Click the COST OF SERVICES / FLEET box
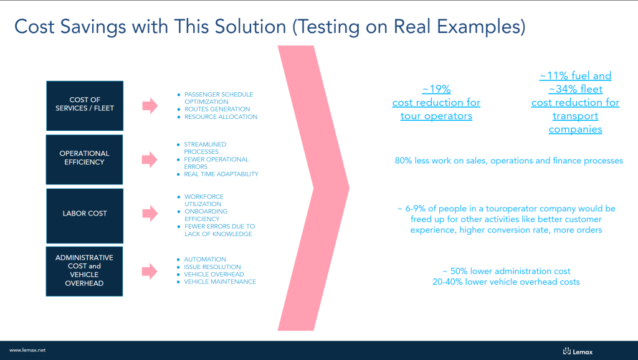coord(85,106)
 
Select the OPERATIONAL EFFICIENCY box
coord(84,159)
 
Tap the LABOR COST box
coord(85,216)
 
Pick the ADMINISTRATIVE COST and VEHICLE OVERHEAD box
coord(84,272)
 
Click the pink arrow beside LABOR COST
coord(150,213)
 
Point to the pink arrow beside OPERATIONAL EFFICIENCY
coord(150,159)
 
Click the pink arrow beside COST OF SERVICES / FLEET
coord(150,106)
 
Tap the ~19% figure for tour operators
coord(436,89)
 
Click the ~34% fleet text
coord(575,89)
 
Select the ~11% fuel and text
coord(575,75)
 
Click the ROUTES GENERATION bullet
coord(217,109)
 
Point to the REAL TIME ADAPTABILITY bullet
coord(221,174)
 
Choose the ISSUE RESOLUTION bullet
coord(212,267)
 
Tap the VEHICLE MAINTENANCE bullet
coord(220,282)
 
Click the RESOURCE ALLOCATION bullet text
coord(221,116)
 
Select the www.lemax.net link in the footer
coord(27,350)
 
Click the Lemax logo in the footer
coord(578,351)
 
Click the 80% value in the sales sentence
coord(403,161)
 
